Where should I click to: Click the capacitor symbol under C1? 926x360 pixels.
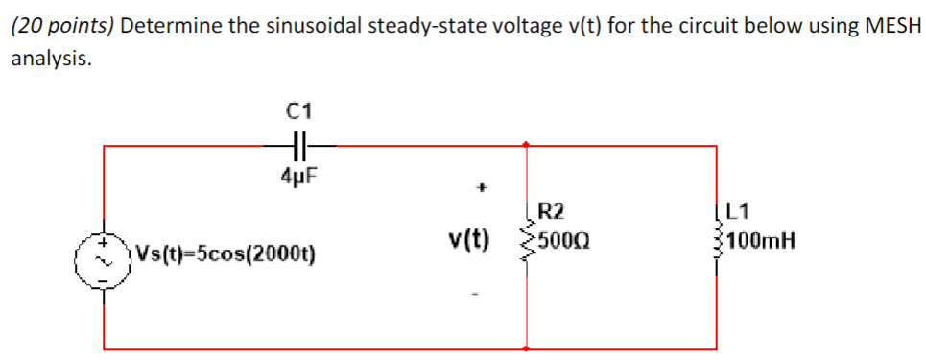click(x=297, y=145)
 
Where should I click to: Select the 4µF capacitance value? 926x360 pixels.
click(x=298, y=176)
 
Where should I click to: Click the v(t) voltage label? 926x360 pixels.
click(x=468, y=237)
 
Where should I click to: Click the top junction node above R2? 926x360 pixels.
click(x=526, y=146)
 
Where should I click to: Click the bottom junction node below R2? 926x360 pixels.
click(x=526, y=348)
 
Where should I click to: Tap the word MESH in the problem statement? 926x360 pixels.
click(x=892, y=26)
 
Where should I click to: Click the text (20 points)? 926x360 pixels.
click(x=61, y=26)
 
